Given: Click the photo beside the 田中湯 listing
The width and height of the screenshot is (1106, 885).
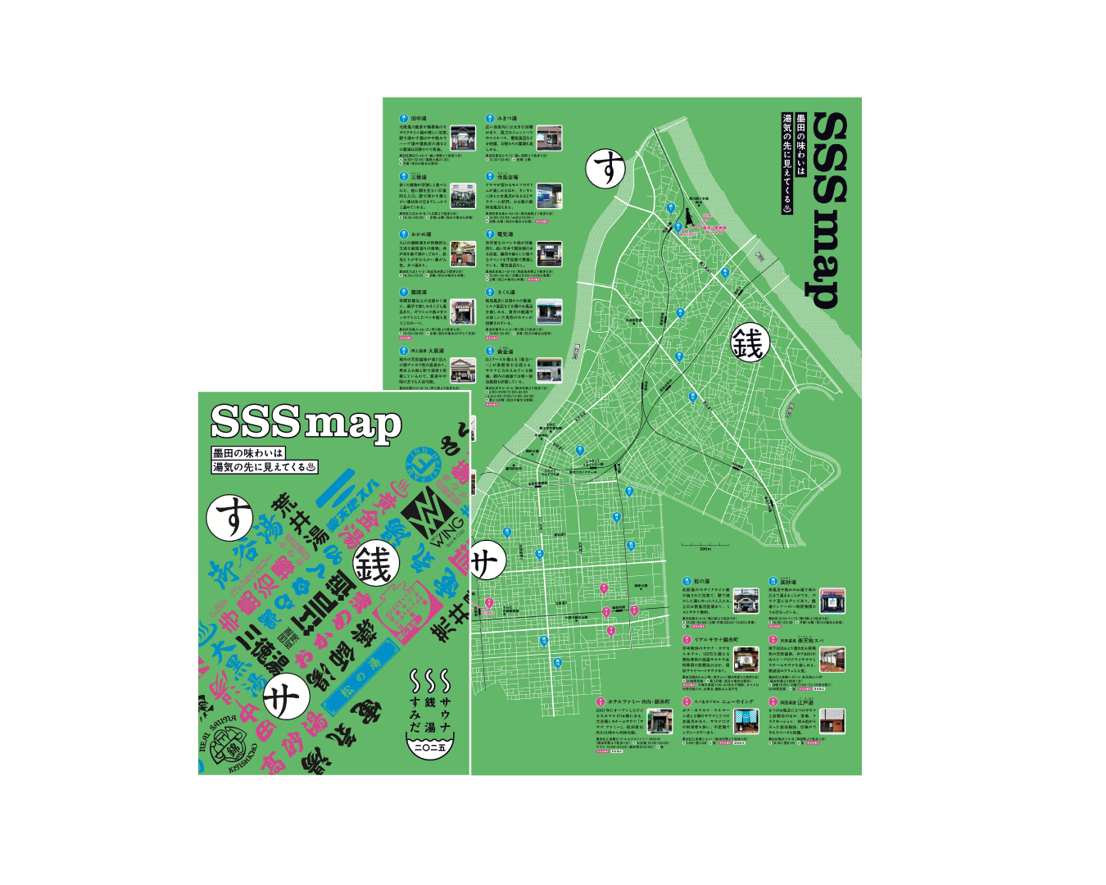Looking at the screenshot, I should coord(463,138).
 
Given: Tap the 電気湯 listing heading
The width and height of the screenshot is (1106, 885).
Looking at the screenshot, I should coord(505,234).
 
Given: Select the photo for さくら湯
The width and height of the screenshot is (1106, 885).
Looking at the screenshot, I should coord(550,311).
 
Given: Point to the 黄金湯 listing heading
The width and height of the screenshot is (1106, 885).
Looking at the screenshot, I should coord(505,351).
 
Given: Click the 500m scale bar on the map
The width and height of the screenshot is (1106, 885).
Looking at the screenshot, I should coord(705,545).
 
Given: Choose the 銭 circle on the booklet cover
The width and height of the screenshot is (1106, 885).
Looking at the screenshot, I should coord(376,565).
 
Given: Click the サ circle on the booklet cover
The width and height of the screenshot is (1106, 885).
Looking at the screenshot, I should coord(286,698).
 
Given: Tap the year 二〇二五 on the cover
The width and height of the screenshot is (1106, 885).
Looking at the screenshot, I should coord(431,747).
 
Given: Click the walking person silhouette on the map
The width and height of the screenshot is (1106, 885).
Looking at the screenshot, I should coord(679,226).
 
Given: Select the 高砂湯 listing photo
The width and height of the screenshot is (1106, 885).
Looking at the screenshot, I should coord(832,601).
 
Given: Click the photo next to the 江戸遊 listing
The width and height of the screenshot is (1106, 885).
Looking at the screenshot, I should coord(832,721).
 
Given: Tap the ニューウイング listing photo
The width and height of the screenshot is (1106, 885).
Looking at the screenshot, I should coord(746,720).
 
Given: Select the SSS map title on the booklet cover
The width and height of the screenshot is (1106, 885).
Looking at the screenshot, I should coord(306,421).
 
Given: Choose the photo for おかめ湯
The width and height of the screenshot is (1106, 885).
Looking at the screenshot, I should coord(463,253).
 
